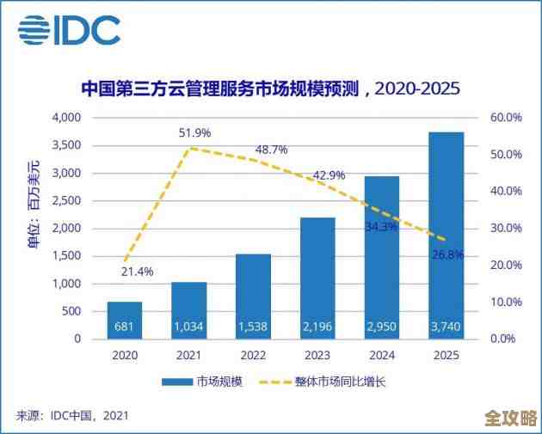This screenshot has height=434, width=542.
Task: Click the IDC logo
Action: click(x=68, y=33)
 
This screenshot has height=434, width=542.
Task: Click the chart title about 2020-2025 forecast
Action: click(x=270, y=89)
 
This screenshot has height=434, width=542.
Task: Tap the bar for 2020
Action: click(x=126, y=320)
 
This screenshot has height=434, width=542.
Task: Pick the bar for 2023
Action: click(x=317, y=278)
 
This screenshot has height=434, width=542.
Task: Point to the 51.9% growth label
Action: click(x=194, y=133)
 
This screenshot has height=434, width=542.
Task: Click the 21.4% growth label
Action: click(x=137, y=272)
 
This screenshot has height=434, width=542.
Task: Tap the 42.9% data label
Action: click(x=329, y=175)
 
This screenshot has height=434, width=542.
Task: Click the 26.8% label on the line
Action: click(x=448, y=254)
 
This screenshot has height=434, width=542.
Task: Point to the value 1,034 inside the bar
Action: click(x=189, y=327)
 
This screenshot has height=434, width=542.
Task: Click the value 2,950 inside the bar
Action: click(x=381, y=327)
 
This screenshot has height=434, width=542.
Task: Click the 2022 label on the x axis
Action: click(x=253, y=354)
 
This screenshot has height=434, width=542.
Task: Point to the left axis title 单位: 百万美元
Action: click(x=34, y=205)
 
